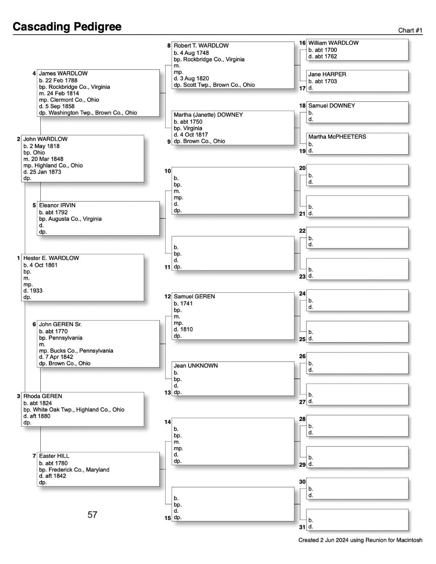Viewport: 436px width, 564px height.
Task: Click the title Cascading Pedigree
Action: pos(67,27)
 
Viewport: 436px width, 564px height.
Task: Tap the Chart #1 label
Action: pos(410,31)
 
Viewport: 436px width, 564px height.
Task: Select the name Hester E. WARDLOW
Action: pos(51,258)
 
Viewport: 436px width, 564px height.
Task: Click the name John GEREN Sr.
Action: pos(60,324)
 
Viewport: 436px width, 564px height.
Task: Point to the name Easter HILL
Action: pos(54,456)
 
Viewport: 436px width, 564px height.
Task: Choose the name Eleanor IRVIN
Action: pos(57,205)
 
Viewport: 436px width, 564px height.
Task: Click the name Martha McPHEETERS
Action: pos(337,137)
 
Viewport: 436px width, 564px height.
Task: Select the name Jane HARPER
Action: pos(327,74)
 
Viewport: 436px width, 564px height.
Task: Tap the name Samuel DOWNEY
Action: pos(331,106)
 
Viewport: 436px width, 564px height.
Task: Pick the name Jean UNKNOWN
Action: pos(195,366)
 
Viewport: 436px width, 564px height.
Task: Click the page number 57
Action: pos(92,514)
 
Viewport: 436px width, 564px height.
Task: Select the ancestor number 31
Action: pos(302,527)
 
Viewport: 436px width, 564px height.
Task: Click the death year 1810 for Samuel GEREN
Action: pos(186,329)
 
